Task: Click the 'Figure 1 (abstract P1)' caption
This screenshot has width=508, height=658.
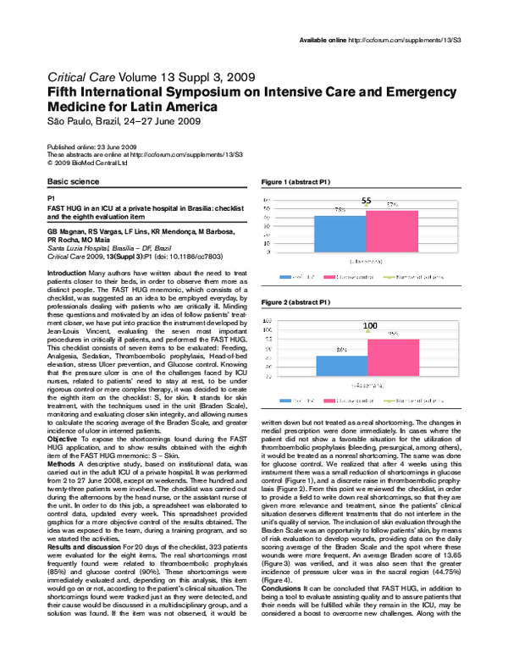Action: [295, 182]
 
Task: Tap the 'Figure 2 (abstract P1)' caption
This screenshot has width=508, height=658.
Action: [295, 302]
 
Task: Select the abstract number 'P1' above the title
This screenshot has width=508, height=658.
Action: [51, 196]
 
